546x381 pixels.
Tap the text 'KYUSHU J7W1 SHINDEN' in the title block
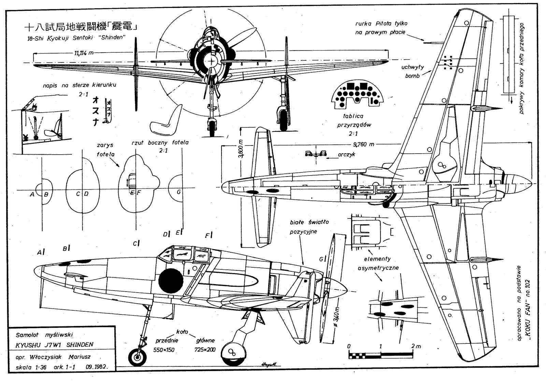[55, 345]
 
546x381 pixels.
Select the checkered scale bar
[380, 355]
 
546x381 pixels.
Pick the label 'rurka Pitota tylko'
[382, 24]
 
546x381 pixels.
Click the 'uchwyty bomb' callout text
[413, 71]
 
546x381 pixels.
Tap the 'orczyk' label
[346, 154]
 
